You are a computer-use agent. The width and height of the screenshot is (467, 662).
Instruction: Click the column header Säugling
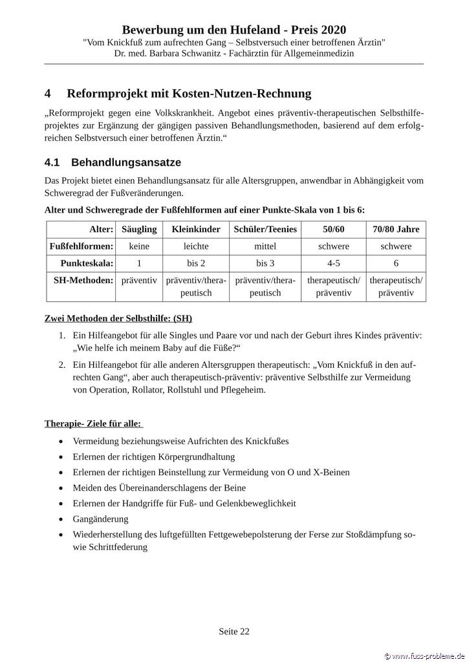pos(138,230)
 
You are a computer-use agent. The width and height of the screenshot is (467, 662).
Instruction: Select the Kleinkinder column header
pos(196,230)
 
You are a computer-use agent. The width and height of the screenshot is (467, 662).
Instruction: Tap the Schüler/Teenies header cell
pos(265,230)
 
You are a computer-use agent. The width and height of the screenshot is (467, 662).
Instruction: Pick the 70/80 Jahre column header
pos(396,230)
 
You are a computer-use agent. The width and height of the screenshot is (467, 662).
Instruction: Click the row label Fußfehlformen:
pos(81,246)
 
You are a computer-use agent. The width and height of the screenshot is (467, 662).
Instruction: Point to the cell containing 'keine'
pos(138,246)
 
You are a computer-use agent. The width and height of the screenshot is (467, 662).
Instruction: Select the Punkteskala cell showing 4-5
pos(334,263)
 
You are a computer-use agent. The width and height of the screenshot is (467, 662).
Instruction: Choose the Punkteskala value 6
pos(396,263)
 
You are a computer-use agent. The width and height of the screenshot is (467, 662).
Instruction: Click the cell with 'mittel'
pos(265,246)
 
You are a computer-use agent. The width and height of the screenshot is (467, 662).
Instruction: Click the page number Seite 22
pos(234,632)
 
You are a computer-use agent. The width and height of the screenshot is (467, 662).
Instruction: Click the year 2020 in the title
pos(331,30)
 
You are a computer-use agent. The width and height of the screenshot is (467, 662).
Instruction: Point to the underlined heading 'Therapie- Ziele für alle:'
pos(93,423)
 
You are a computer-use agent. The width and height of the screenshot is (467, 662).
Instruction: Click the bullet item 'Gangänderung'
pos(101,518)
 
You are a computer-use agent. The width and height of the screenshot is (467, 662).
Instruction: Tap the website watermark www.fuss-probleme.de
pos(425,656)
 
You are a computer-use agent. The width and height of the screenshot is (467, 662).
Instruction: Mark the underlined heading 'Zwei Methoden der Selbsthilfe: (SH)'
pos(118,319)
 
